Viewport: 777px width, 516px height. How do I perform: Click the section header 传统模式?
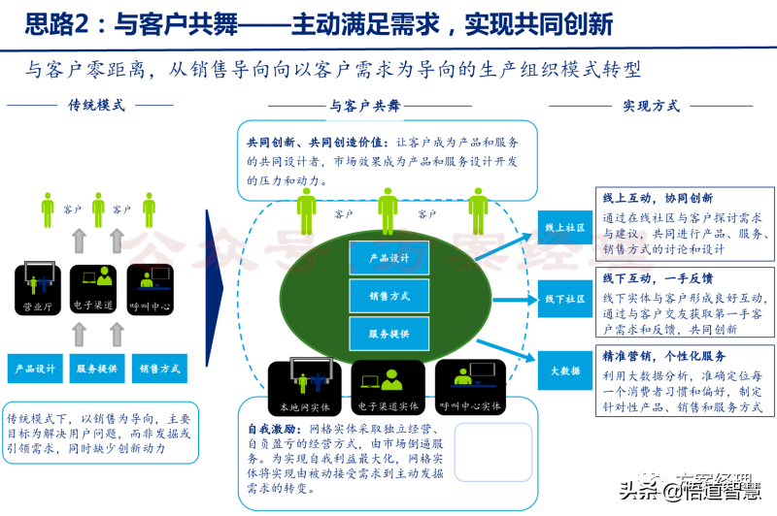pyautogui.click(x=96, y=105)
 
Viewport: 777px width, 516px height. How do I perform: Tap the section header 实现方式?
pyautogui.click(x=651, y=105)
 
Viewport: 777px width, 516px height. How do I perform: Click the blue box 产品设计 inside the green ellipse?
pyautogui.click(x=388, y=258)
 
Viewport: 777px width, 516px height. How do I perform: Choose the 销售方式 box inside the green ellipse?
pyautogui.click(x=388, y=296)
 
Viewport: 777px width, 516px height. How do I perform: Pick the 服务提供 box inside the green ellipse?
pyautogui.click(x=388, y=334)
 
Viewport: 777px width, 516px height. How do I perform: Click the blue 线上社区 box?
pyautogui.click(x=565, y=228)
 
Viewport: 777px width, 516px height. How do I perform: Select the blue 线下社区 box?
pyautogui.click(x=565, y=299)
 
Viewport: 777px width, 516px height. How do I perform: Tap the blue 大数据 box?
pyautogui.click(x=565, y=371)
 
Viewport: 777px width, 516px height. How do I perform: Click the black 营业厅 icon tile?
pyautogui.click(x=38, y=288)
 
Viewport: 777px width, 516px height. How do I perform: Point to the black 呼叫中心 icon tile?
pyautogui.click(x=153, y=288)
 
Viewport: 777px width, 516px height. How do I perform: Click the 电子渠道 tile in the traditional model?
pyautogui.click(x=95, y=288)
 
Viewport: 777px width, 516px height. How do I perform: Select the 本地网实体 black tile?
pyautogui.click(x=306, y=385)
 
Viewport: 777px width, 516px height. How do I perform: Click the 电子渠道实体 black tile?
pyautogui.click(x=388, y=385)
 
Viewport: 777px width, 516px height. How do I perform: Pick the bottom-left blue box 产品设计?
pyautogui.click(x=38, y=369)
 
